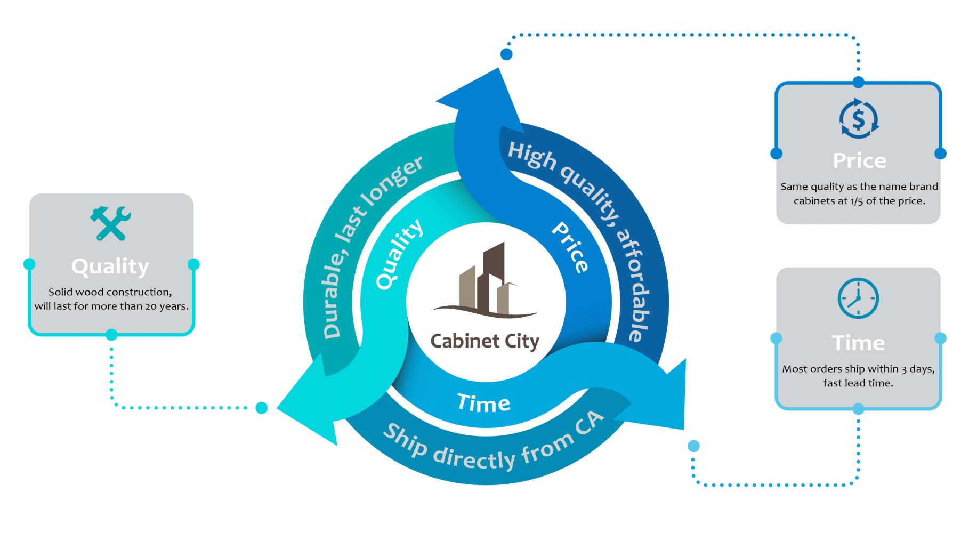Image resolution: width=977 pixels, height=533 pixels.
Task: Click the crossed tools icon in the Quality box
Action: pos(110,223)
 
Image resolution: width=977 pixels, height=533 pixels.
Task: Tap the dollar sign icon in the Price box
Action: pos(858,119)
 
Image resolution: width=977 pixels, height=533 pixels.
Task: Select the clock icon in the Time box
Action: pos(858,298)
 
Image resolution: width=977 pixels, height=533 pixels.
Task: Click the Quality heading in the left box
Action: pos(110,266)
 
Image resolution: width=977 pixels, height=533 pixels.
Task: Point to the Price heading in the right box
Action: pos(859,160)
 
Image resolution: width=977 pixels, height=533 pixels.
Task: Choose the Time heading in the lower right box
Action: pos(858,343)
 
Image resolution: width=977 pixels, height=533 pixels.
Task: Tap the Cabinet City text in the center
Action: pos(485,341)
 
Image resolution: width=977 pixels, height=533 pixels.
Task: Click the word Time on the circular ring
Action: pos(483,403)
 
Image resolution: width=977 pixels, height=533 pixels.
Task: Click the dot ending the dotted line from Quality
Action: pos(261,408)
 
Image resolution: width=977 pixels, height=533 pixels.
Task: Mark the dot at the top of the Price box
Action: pos(858,82)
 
